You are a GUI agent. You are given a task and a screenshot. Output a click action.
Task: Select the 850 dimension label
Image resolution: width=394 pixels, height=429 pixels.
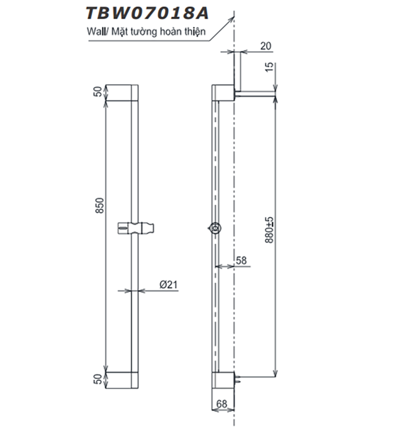(101, 206)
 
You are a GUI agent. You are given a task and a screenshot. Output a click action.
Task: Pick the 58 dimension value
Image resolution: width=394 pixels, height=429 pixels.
(242, 261)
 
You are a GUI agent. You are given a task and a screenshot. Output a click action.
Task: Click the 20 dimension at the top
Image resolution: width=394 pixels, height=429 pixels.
(265, 46)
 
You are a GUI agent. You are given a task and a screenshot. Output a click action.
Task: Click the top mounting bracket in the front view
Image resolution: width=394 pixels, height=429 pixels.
(122, 93)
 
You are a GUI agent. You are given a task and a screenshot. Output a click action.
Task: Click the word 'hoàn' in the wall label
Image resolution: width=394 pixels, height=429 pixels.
(170, 31)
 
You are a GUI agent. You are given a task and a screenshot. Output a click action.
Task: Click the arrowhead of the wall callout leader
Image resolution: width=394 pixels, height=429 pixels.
(232, 16)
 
